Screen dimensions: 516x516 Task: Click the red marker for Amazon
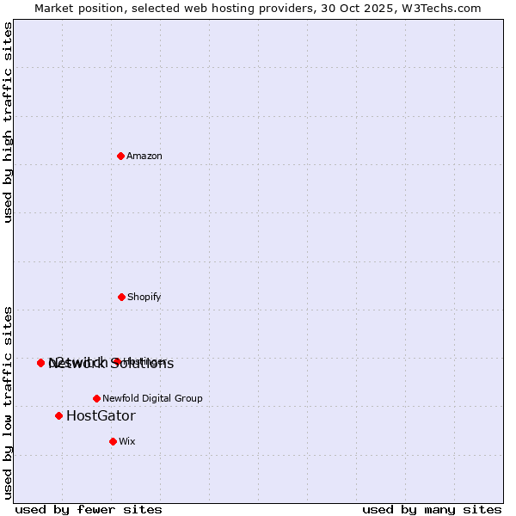(x=121, y=156)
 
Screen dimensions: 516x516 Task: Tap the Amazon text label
(x=144, y=157)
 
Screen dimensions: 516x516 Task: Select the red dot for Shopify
(x=121, y=297)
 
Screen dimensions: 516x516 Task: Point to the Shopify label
(x=144, y=298)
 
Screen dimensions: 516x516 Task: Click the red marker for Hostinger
(x=116, y=361)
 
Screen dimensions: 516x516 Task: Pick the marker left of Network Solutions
(x=40, y=363)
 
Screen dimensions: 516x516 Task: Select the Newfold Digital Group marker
(x=96, y=398)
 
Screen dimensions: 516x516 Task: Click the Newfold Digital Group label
(x=152, y=399)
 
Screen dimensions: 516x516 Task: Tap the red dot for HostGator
(x=58, y=415)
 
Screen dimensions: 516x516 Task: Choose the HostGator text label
(x=101, y=416)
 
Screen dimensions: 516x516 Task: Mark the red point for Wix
(x=113, y=441)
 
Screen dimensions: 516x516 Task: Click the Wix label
(x=127, y=442)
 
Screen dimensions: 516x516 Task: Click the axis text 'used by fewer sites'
(x=89, y=509)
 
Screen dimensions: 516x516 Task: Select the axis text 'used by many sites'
(x=432, y=509)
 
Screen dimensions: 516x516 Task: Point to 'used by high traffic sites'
(x=9, y=122)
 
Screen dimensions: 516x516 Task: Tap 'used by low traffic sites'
(x=9, y=402)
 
